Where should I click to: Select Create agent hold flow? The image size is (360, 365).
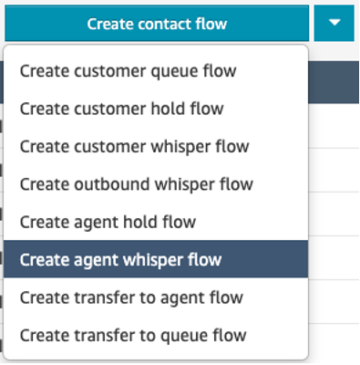[107, 222]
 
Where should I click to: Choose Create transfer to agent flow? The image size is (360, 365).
[132, 297]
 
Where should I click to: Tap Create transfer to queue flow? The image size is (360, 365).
[133, 336]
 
